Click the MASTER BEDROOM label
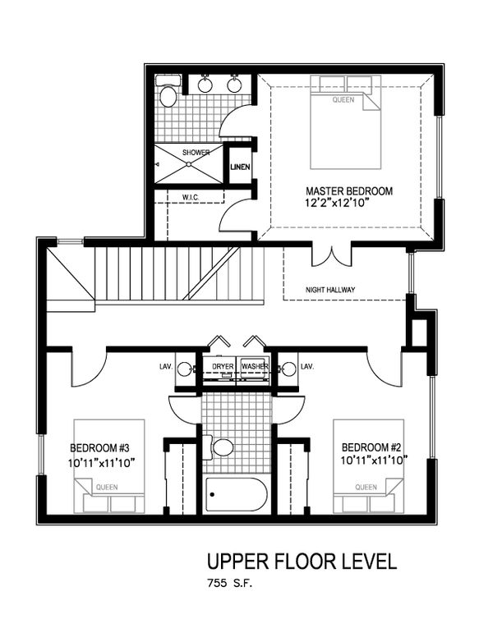click(x=349, y=191)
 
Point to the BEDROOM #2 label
click(x=371, y=447)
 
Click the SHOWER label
click(x=196, y=153)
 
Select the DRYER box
click(x=223, y=366)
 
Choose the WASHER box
click(x=254, y=366)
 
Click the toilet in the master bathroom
click(x=168, y=96)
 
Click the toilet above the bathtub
click(x=221, y=447)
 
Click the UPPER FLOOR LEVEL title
click(x=302, y=562)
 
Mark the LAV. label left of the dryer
click(x=165, y=366)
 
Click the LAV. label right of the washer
click(x=308, y=366)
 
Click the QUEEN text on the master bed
click(x=343, y=100)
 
